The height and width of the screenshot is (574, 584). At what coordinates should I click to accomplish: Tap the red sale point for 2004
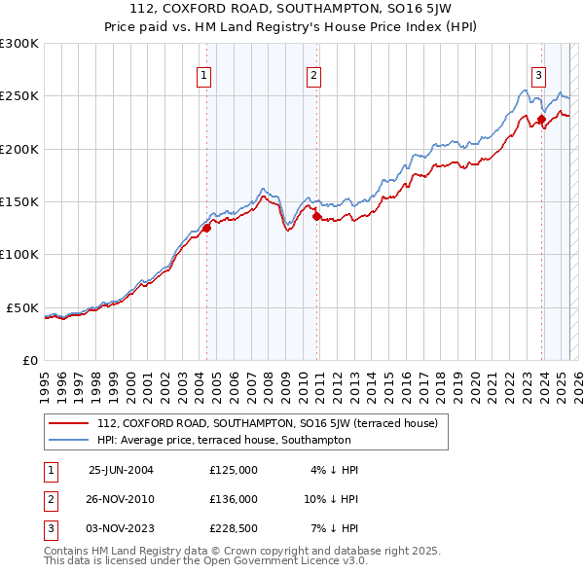(x=206, y=228)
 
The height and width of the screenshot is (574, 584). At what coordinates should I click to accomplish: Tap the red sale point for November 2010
(x=316, y=216)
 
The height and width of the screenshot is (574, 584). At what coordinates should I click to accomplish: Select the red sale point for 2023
(x=541, y=119)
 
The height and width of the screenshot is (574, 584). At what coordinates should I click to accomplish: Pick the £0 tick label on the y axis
(x=28, y=360)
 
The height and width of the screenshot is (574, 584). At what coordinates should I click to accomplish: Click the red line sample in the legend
(x=68, y=423)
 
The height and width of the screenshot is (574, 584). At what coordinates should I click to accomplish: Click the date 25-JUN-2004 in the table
(x=121, y=470)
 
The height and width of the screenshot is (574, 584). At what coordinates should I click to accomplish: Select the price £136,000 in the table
(x=234, y=499)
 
